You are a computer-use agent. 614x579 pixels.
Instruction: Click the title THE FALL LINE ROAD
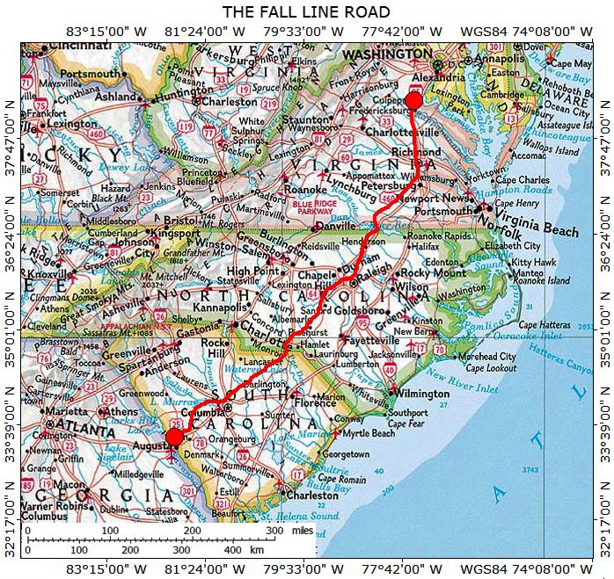click(306, 11)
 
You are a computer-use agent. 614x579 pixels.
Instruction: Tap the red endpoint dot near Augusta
click(174, 438)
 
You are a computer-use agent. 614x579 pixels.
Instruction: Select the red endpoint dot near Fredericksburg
click(413, 100)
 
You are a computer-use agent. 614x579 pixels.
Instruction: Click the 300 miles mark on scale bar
click(274, 532)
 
